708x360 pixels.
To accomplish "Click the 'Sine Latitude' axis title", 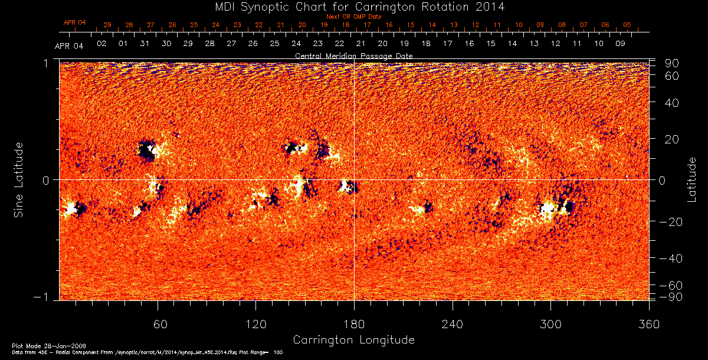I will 19,179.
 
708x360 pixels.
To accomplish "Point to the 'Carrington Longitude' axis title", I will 353,340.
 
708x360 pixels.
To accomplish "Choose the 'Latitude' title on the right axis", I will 691,179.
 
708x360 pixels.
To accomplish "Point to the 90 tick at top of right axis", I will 673,63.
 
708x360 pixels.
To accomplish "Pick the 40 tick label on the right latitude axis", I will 673,103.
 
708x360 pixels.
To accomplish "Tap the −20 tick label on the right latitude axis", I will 668,221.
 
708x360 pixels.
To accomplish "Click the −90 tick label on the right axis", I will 668,296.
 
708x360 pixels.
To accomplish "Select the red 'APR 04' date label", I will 75,22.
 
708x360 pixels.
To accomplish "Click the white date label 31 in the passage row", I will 145,44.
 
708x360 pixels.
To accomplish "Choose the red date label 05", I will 627,25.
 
